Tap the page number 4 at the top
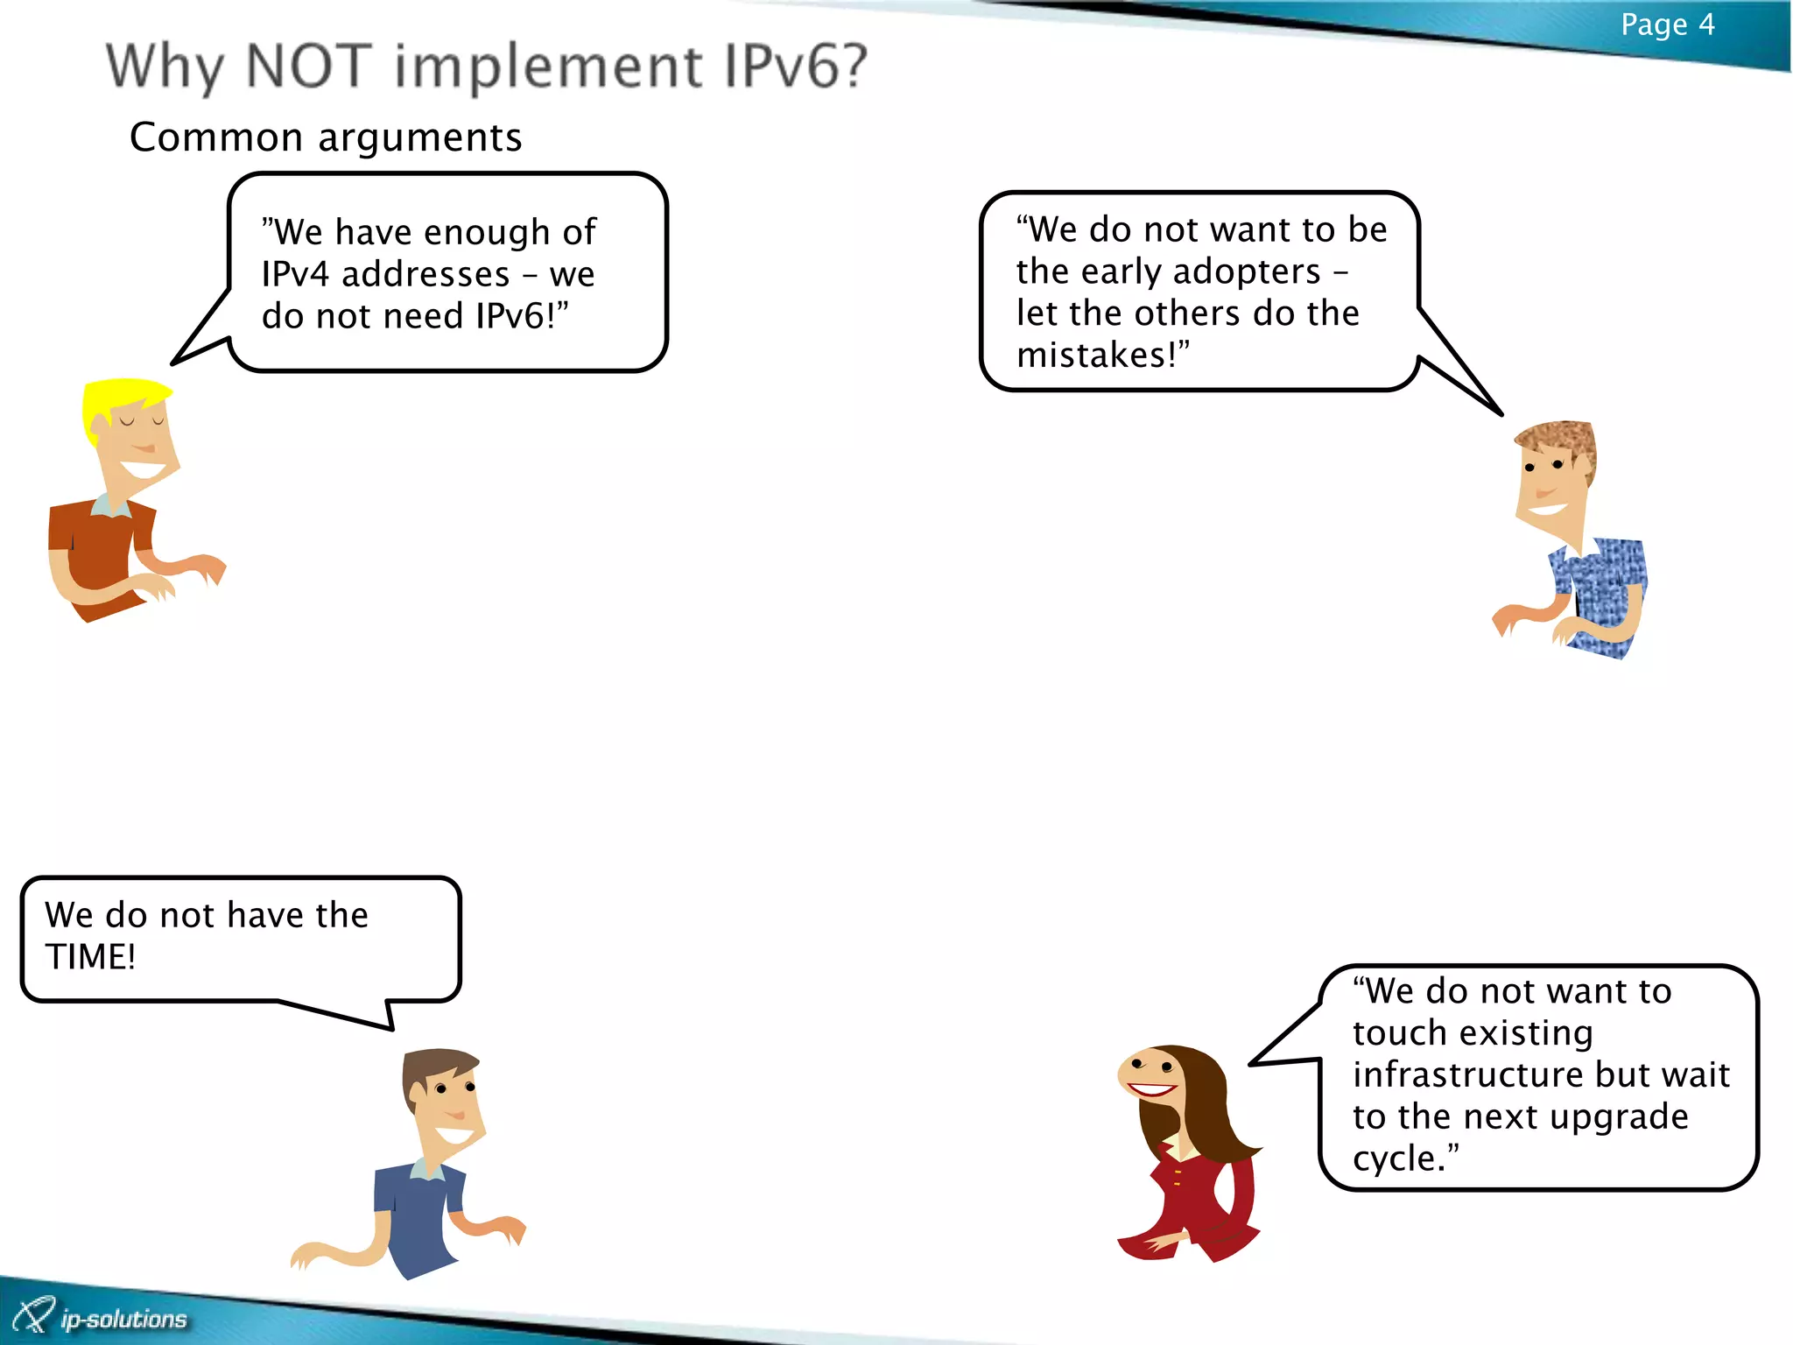pyautogui.click(x=1705, y=25)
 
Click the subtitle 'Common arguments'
pyautogui.click(x=326, y=137)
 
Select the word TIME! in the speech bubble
pyautogui.click(x=90, y=957)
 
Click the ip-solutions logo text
pyautogui.click(x=123, y=1319)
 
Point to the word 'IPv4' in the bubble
pyautogui.click(x=295, y=275)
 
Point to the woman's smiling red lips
pyautogui.click(x=1151, y=1090)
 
